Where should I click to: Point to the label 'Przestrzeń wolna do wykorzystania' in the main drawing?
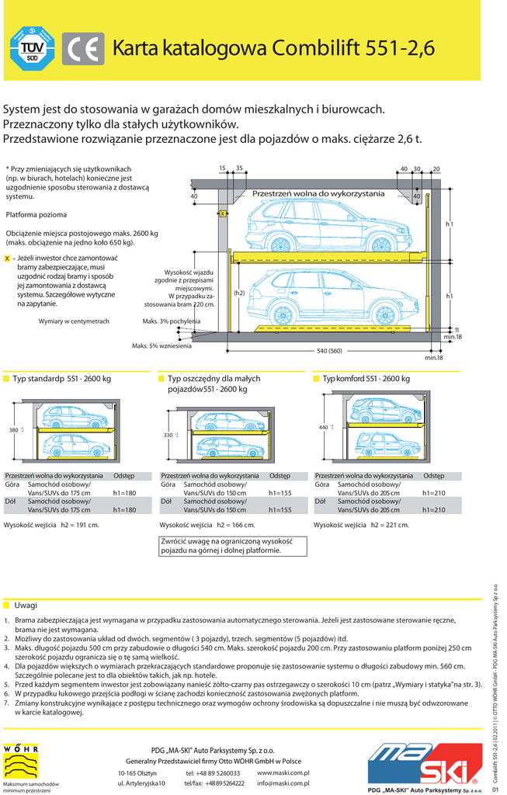tap(318, 193)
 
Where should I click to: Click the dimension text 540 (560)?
tap(329, 351)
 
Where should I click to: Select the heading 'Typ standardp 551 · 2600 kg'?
tap(62, 379)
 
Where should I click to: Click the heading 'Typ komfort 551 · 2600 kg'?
tap(366, 379)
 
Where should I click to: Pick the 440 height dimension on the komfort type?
tap(324, 428)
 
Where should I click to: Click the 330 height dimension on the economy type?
tap(168, 436)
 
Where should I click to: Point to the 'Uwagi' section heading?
tap(26, 606)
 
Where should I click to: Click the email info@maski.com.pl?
tap(283, 783)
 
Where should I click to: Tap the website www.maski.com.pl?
tap(283, 773)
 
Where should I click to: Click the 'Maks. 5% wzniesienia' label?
tap(161, 345)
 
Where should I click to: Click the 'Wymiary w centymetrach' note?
tap(74, 321)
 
